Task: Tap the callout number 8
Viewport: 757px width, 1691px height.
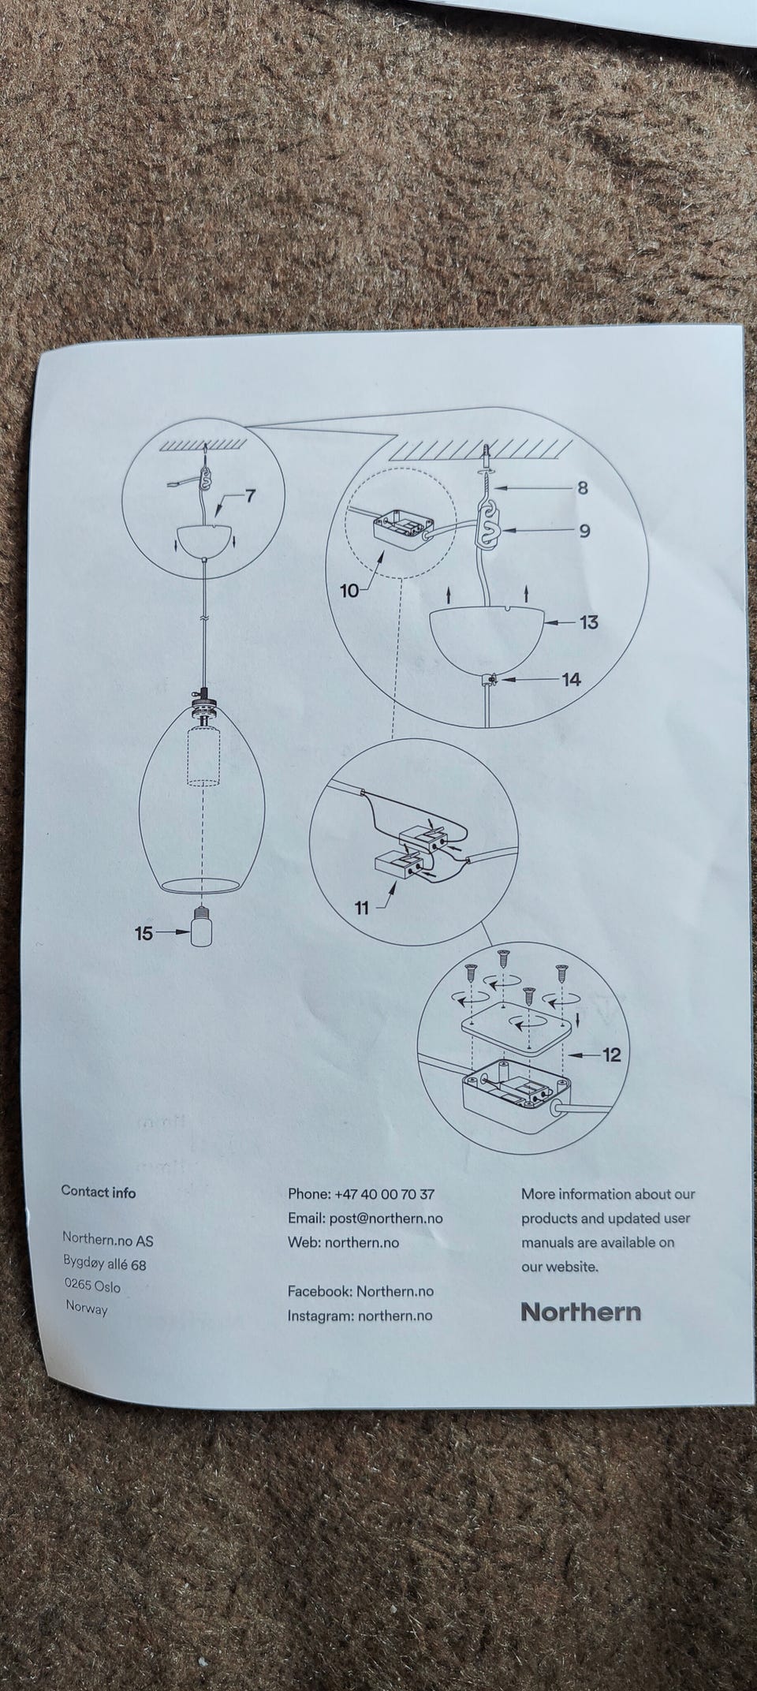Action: pos(583,488)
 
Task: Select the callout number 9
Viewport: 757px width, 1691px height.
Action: pos(584,531)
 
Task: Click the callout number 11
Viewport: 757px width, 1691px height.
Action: pos(362,908)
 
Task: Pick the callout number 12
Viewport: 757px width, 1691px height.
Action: pos(612,1054)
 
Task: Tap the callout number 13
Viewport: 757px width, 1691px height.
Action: pos(588,622)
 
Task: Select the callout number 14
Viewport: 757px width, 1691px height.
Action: pos(571,679)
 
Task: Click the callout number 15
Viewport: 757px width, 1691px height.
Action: pos(144,933)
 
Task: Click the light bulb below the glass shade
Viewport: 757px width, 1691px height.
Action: pos(203,929)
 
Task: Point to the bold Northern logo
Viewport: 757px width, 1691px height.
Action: pos(580,1312)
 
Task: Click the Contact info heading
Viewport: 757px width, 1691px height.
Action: pos(99,1192)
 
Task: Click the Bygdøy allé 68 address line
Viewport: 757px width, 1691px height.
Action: pos(105,1264)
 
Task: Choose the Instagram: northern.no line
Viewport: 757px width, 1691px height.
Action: pos(360,1315)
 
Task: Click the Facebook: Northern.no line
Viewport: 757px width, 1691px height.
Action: pos(360,1291)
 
